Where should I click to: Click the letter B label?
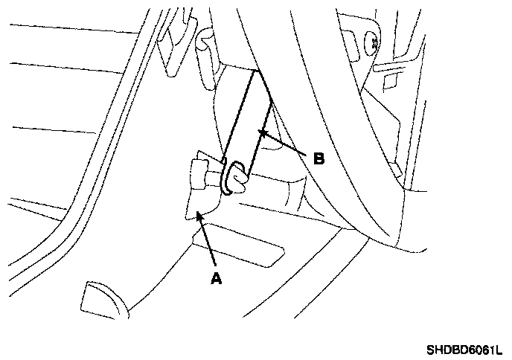pos(318,158)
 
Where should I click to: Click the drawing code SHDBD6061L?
pos(464,349)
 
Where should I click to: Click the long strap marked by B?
pos(249,119)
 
